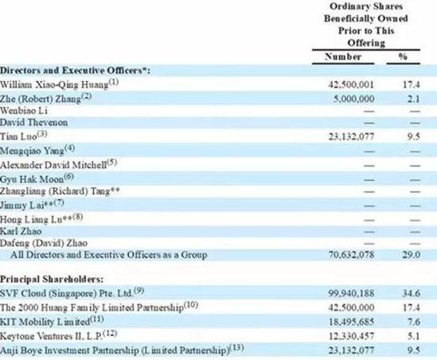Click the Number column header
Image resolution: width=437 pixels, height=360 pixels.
(343, 57)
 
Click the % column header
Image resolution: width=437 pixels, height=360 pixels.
(403, 57)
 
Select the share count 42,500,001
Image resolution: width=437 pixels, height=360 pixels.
(351, 84)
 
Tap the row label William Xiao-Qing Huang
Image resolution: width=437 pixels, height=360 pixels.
(54, 84)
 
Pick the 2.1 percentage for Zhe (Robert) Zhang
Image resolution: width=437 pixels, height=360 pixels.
(413, 99)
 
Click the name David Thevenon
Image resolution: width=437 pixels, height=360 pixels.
(33, 123)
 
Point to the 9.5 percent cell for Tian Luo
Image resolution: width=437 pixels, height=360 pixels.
(413, 136)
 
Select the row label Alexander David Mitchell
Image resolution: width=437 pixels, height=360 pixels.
(53, 165)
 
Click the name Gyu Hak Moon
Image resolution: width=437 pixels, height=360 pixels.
(32, 179)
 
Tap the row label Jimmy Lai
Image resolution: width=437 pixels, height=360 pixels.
(22, 205)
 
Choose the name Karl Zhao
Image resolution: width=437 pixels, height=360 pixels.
(21, 231)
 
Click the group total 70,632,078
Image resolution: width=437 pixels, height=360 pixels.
(351, 255)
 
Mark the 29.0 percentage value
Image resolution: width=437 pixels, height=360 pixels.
(411, 255)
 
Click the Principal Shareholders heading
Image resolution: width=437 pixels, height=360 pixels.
(52, 279)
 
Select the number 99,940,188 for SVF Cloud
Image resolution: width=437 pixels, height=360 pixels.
(351, 293)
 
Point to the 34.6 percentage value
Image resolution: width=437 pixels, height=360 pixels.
(411, 293)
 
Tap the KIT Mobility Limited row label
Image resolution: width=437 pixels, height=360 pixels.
(45, 322)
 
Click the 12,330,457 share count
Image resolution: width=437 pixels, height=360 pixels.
(351, 336)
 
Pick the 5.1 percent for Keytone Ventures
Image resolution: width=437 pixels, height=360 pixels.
(414, 336)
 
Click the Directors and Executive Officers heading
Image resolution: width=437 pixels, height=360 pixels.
(75, 70)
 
